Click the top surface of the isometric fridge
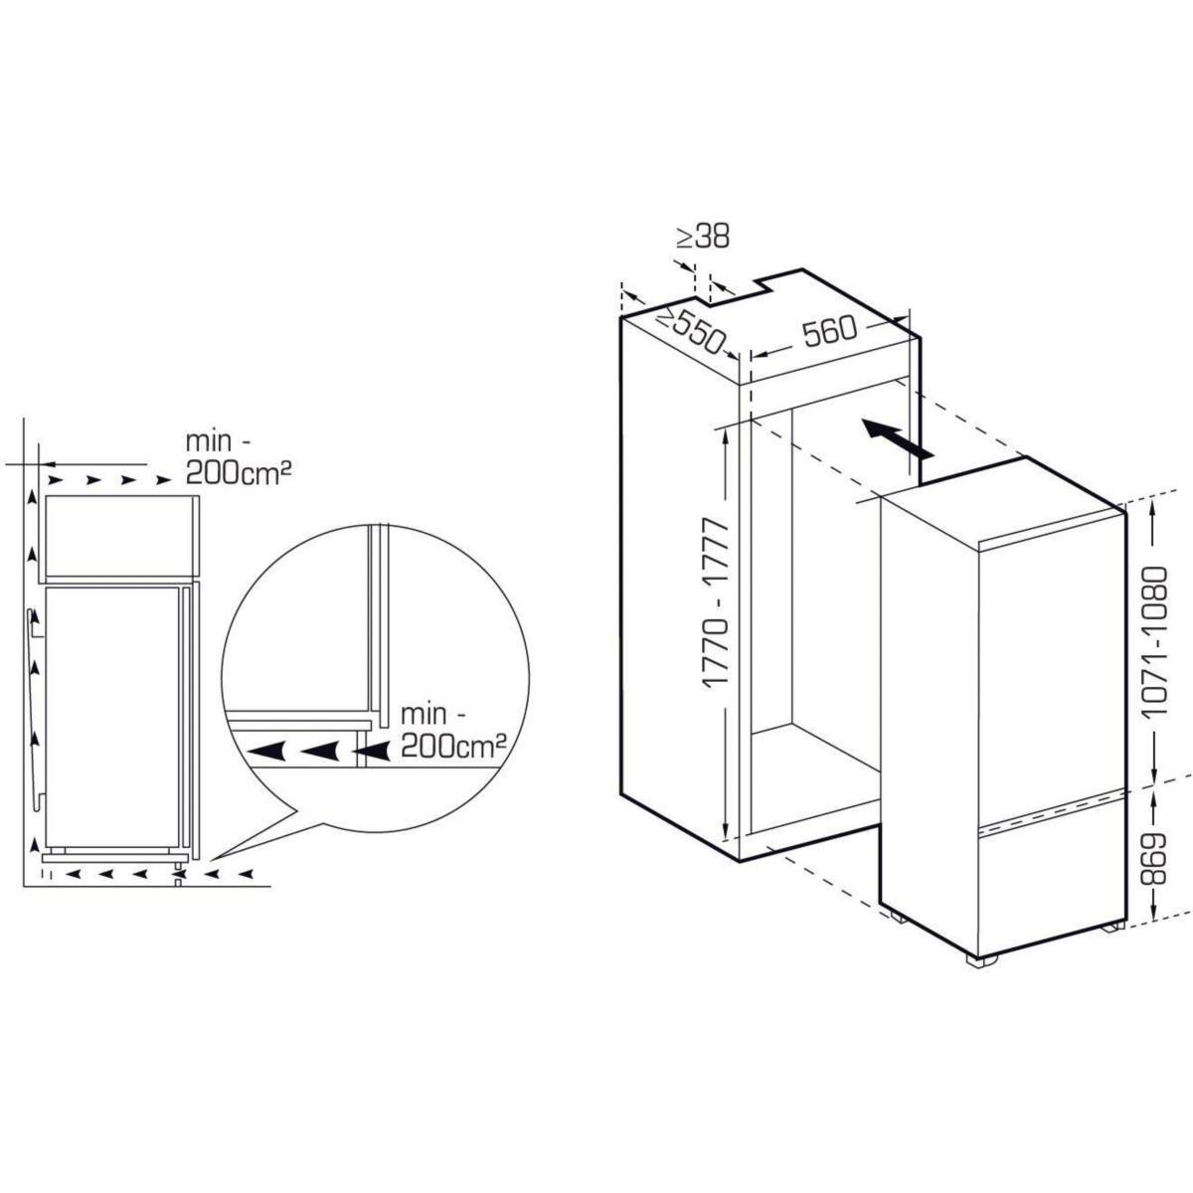[1004, 503]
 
